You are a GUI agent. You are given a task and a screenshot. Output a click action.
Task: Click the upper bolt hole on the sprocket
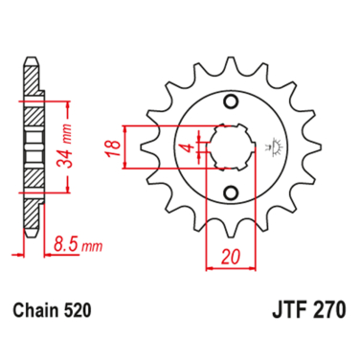(230, 102)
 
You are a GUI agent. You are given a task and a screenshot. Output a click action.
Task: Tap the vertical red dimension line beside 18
(124, 148)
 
